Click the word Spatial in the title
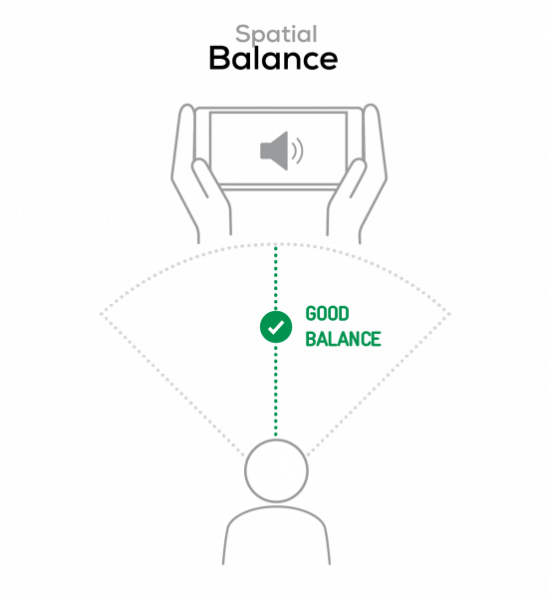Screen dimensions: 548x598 click(x=276, y=35)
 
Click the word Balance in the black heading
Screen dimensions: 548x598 click(x=273, y=59)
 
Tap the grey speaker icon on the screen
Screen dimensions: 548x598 click(x=281, y=150)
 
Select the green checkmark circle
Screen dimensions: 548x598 click(x=276, y=327)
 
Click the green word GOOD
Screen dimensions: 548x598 click(x=327, y=314)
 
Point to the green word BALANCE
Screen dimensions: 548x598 click(x=343, y=339)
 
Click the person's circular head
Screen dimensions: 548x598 click(x=276, y=470)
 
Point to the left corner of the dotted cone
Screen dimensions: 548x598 click(x=101, y=314)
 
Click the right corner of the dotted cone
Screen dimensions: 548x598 click(x=449, y=314)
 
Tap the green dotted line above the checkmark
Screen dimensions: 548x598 click(x=276, y=278)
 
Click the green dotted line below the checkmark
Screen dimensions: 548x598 click(x=276, y=390)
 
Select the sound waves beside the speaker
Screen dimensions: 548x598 click(x=298, y=150)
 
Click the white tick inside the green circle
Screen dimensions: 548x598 click(x=276, y=328)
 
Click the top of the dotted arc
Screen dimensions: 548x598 click(x=276, y=244)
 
